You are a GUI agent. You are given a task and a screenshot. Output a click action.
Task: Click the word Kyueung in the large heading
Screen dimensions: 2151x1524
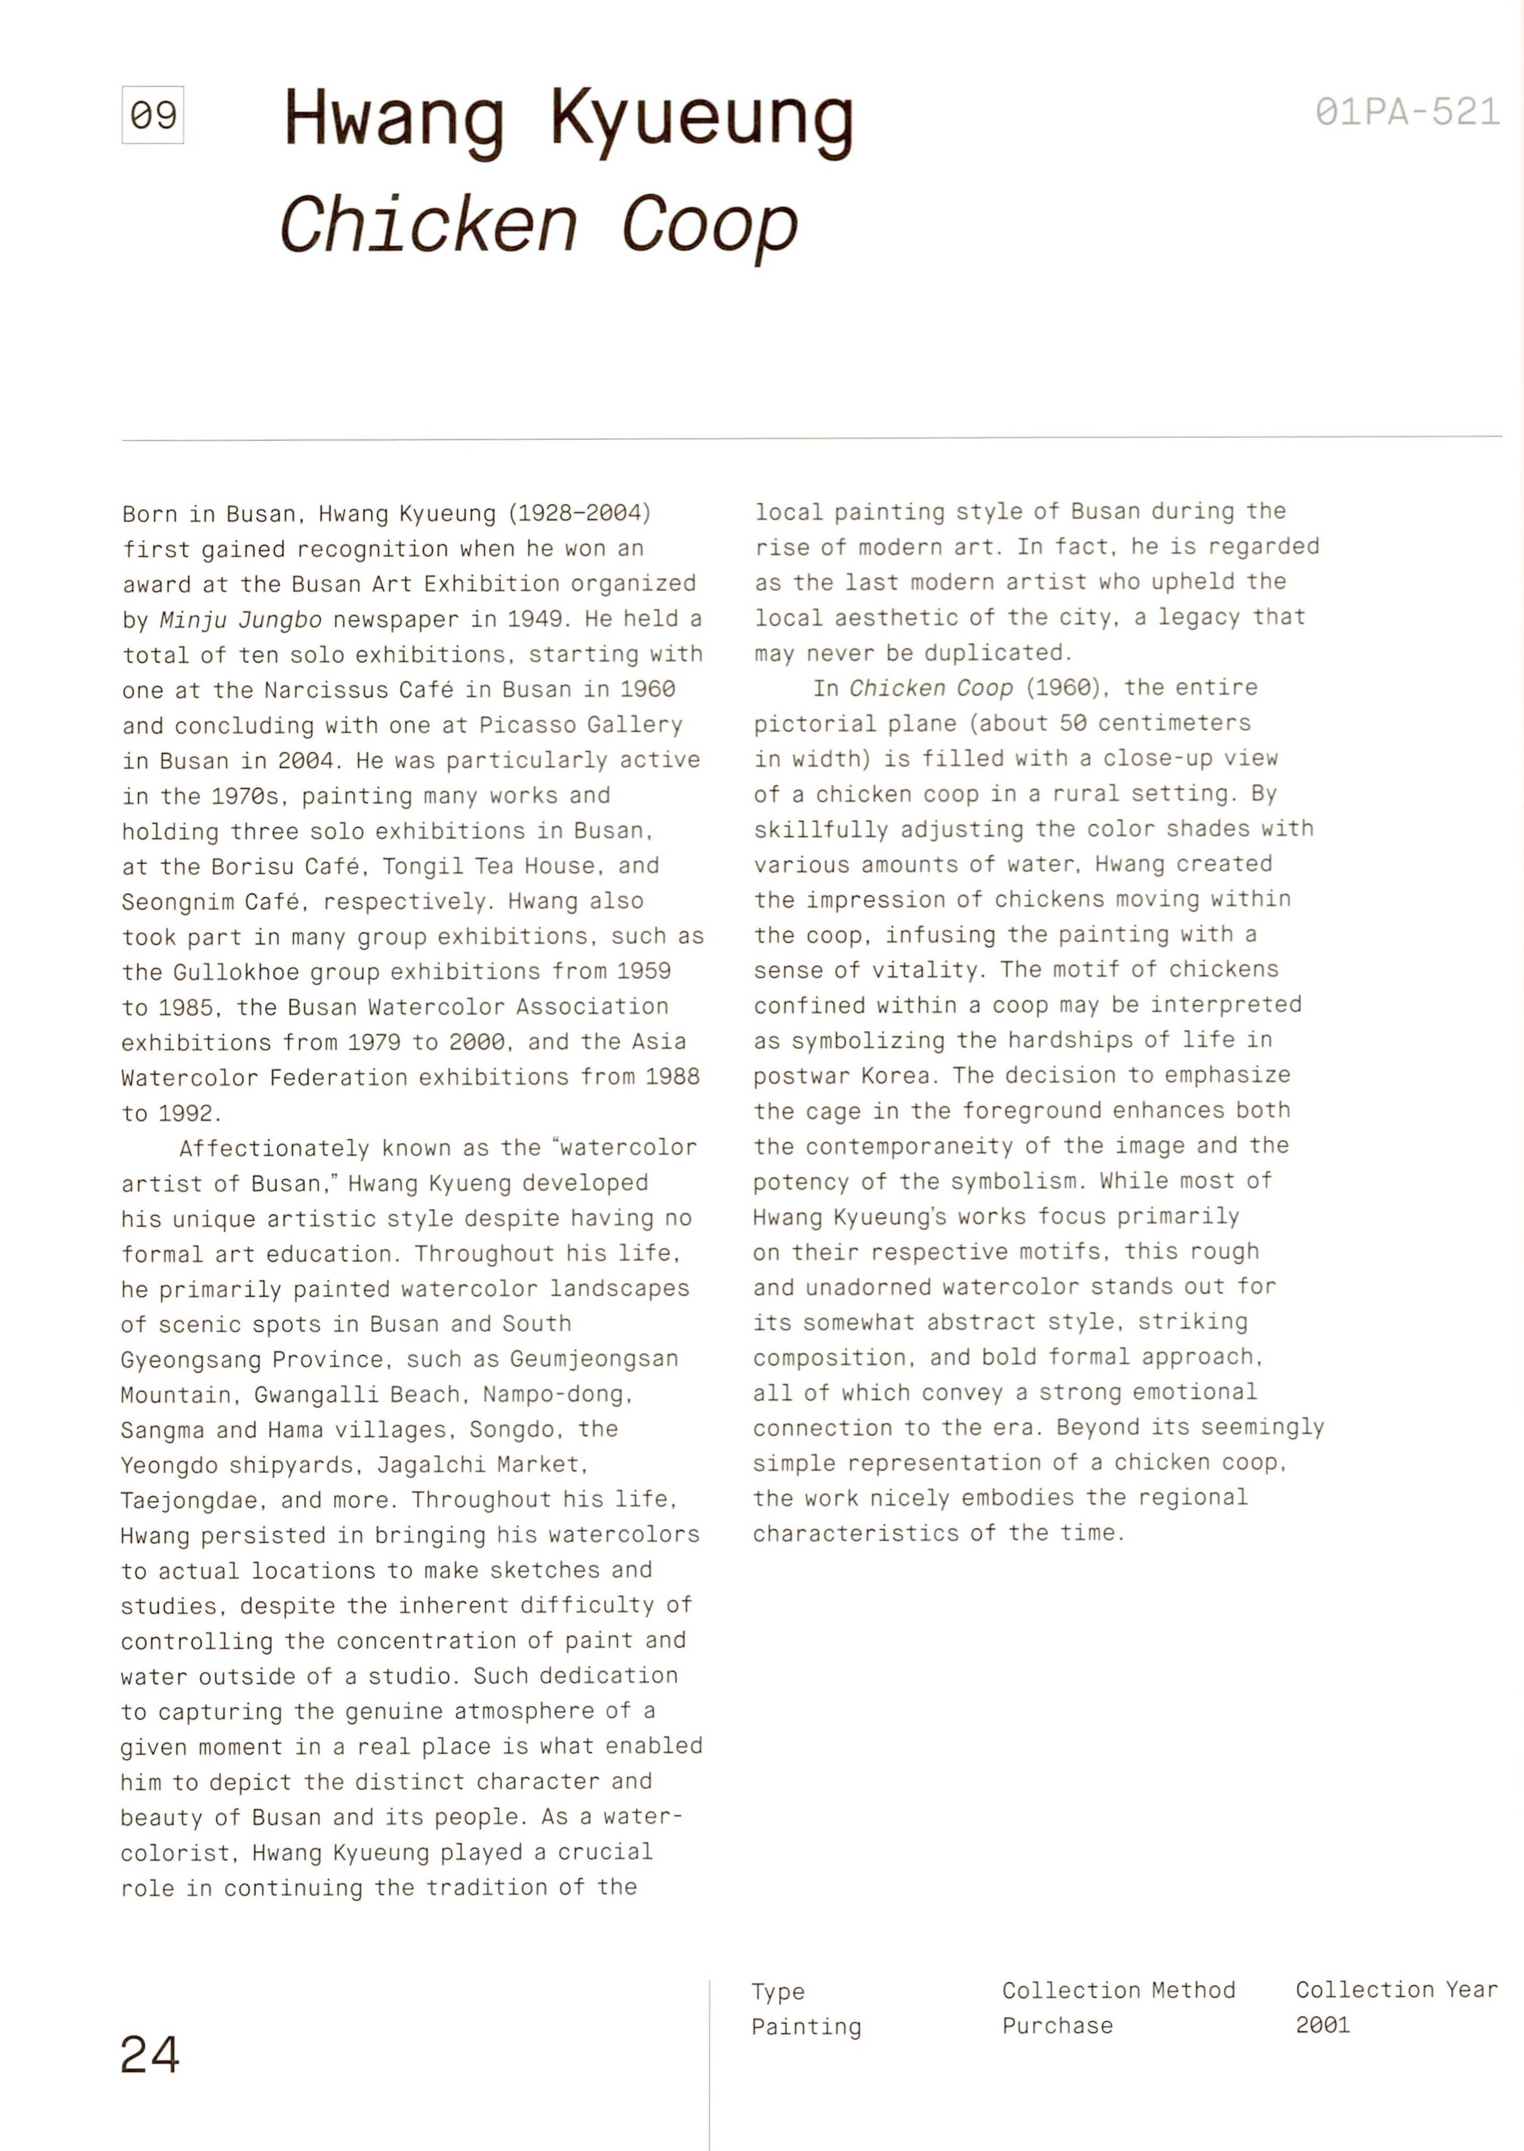pyautogui.click(x=701, y=122)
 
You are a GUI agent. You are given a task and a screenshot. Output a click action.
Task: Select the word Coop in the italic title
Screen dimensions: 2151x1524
pyautogui.click(x=710, y=226)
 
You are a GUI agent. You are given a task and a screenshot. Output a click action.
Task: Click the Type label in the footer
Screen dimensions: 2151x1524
pyautogui.click(x=778, y=1992)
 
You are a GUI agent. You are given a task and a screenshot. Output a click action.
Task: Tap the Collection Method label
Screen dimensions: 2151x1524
pyautogui.click(x=1118, y=1990)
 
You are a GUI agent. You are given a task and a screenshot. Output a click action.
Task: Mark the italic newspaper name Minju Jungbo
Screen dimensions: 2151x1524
pyautogui.click(x=241, y=619)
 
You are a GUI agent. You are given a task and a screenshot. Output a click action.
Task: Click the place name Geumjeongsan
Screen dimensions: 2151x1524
pyautogui.click(x=594, y=1359)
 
